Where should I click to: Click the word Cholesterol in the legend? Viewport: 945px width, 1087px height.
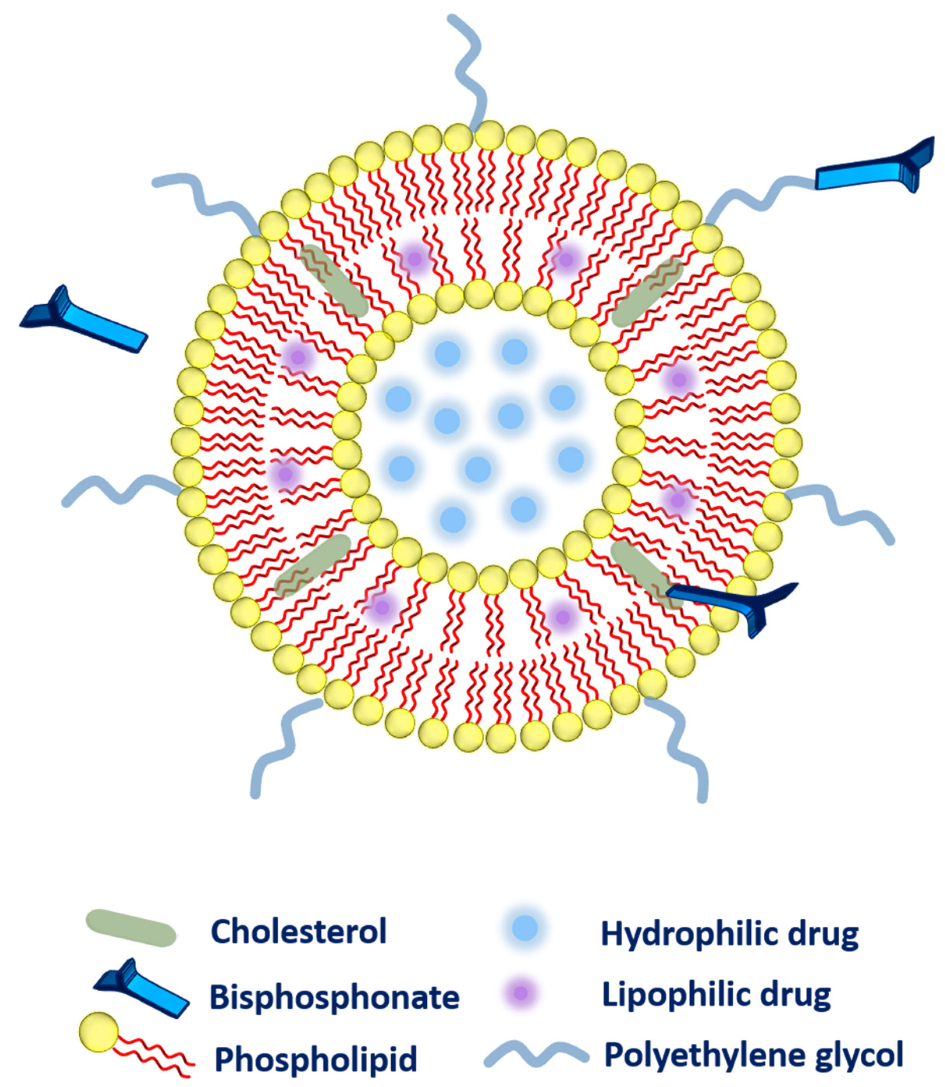tap(299, 932)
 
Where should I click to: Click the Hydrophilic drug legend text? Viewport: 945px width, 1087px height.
tap(729, 934)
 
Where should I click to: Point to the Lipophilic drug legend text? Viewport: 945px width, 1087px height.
tap(716, 995)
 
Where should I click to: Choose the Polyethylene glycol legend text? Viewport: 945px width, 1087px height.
tap(753, 1055)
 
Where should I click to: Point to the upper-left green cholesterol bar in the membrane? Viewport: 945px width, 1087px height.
tap(334, 280)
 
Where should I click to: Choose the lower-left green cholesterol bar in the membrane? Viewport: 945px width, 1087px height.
tap(313, 565)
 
